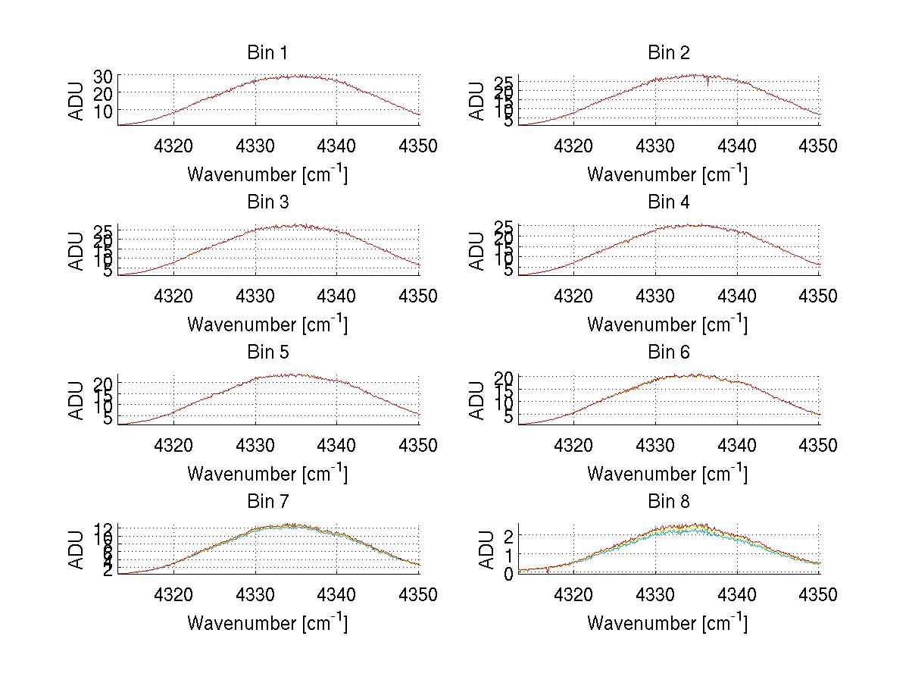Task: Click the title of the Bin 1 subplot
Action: [x=267, y=53]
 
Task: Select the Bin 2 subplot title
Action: [x=668, y=53]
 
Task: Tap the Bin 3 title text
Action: [x=267, y=202]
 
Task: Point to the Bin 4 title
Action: [x=668, y=202]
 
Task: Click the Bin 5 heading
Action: [x=267, y=352]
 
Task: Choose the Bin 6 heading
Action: [x=668, y=352]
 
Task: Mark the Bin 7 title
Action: [x=267, y=502]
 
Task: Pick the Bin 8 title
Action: [x=668, y=502]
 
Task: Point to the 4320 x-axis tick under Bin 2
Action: [x=574, y=146]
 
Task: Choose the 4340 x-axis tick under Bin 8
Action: [x=737, y=595]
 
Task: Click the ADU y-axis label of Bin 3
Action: [x=77, y=251]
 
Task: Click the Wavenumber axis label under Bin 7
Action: [x=267, y=623]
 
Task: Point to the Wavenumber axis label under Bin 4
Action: [x=667, y=324]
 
